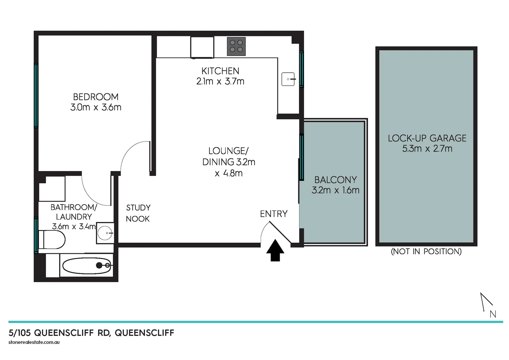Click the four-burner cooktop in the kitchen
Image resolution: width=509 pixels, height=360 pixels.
[x=236, y=46]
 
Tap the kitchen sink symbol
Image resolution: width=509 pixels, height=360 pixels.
[x=288, y=79]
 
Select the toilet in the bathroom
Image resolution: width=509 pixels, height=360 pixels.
[x=52, y=240]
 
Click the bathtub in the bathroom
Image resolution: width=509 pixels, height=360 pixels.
[x=87, y=265]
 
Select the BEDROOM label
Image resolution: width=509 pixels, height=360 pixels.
[x=96, y=97]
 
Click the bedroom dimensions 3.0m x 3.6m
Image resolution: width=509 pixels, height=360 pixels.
[x=96, y=108]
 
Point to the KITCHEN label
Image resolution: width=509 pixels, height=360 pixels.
[x=220, y=71]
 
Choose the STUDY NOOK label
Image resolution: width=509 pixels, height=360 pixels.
[x=138, y=213]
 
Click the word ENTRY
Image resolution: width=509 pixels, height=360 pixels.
[x=274, y=214]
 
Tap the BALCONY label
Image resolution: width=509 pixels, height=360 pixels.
[x=335, y=180]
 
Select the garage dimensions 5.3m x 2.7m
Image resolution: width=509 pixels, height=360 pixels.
[x=427, y=149]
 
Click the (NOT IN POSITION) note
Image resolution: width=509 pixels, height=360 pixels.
[x=426, y=252]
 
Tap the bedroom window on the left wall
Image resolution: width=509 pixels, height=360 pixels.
[x=36, y=95]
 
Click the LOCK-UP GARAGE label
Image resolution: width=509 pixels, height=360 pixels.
[x=427, y=138]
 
